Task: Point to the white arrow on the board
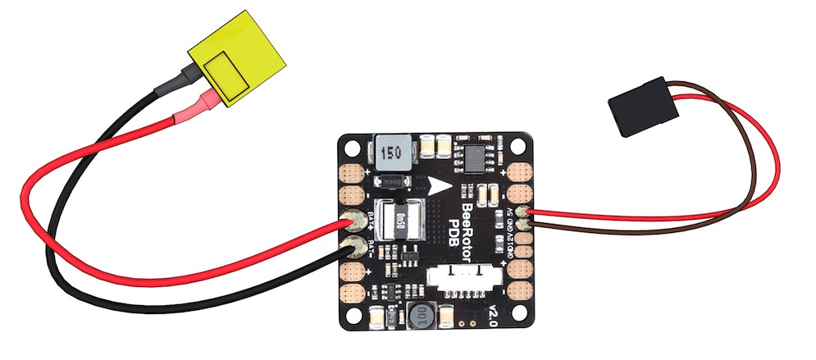click(440, 185)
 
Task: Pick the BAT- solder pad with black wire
click(355, 245)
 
